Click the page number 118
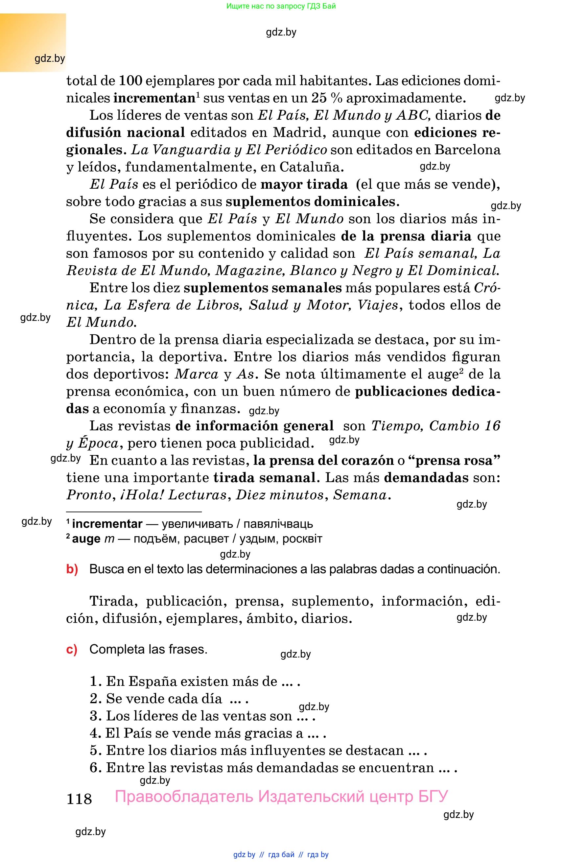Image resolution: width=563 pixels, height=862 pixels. point(79,799)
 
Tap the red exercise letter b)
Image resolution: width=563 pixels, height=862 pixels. point(72,569)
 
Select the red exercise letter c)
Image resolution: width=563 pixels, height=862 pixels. point(72,649)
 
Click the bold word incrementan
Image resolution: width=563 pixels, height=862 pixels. point(154,98)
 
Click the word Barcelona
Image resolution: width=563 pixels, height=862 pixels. point(467,150)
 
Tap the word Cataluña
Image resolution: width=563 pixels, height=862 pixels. point(312,167)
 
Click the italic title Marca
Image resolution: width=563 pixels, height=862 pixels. point(197,374)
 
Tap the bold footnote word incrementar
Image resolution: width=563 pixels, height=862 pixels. point(107,524)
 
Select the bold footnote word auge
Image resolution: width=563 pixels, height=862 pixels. point(86,539)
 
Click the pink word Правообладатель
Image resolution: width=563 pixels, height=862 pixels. point(184,797)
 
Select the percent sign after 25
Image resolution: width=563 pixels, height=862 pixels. point(337,98)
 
